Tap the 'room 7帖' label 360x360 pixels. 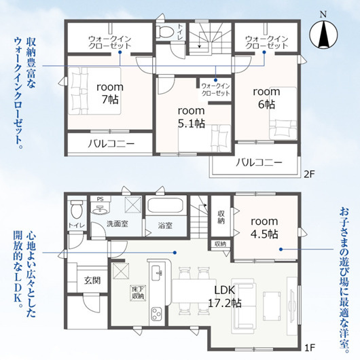(x=110, y=93)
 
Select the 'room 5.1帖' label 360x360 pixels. (x=192, y=117)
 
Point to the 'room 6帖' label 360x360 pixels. (x=266, y=98)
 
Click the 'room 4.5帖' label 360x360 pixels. (x=264, y=228)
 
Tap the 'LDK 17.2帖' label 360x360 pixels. (x=225, y=297)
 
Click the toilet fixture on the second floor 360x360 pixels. (x=164, y=31)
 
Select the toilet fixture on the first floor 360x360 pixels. (x=77, y=209)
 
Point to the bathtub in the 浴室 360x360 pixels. (x=165, y=205)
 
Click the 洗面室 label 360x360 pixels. (x=117, y=223)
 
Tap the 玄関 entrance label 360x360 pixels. (x=92, y=281)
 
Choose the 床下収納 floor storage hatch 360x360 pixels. (x=138, y=293)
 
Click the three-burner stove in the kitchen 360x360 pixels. (x=157, y=313)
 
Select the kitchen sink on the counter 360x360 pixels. (x=157, y=272)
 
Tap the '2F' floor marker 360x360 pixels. (x=309, y=175)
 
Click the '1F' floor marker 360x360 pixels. (x=309, y=348)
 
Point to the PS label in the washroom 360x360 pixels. (x=100, y=199)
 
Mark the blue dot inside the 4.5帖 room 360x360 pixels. (x=281, y=249)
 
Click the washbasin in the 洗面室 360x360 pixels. (x=101, y=208)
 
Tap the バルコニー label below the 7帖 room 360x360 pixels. (x=111, y=144)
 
